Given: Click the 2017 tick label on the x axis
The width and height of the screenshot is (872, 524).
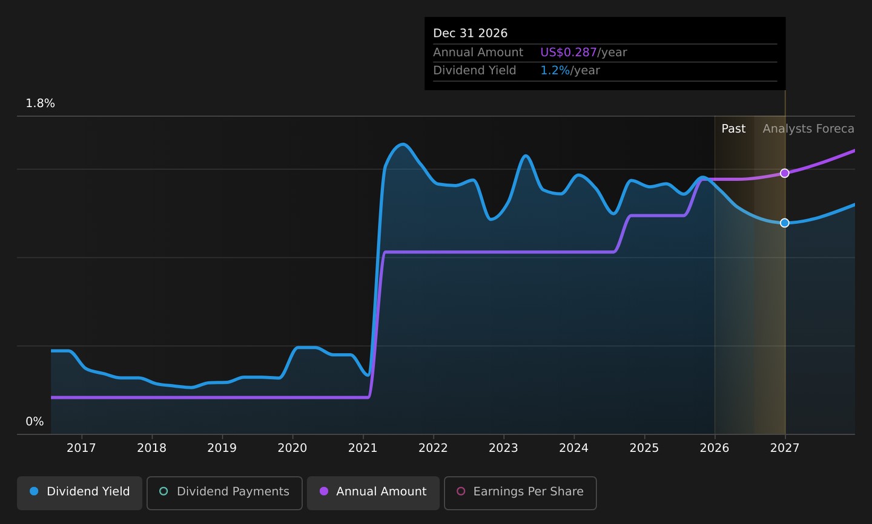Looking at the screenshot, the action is (81, 448).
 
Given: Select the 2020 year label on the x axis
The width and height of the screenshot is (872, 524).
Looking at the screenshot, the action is (292, 448).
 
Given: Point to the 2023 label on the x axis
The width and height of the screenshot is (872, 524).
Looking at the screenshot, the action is (503, 448).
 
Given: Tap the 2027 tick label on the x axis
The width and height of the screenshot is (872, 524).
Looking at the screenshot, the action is (785, 448).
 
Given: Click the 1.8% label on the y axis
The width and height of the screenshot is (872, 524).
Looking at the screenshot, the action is (40, 103).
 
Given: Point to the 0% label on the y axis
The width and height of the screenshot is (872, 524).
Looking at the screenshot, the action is (35, 421).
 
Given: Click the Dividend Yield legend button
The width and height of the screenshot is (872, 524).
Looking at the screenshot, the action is (79, 493).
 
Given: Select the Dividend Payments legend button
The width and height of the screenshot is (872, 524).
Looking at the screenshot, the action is (225, 493).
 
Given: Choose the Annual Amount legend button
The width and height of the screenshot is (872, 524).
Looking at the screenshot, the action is (373, 493).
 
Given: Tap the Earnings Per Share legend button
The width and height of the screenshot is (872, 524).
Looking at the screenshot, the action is (521, 493).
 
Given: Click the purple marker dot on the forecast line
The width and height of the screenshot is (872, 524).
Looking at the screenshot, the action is (785, 173).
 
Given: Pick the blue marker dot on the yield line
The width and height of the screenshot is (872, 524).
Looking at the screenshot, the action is (785, 223).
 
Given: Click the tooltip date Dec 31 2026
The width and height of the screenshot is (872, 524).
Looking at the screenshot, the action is (471, 33).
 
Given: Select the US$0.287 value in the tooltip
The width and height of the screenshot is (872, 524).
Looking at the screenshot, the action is (569, 52).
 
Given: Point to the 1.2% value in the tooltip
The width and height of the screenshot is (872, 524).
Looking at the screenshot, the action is (555, 70).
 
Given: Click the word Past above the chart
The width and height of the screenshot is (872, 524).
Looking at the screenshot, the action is (733, 128).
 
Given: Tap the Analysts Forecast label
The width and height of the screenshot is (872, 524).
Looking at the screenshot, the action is (808, 128).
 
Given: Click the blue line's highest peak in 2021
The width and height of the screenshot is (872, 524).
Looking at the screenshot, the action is (403, 145).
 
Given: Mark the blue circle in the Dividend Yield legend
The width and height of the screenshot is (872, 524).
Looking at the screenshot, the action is (35, 491).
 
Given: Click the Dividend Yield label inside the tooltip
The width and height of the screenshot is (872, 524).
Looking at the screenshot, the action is (475, 70).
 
